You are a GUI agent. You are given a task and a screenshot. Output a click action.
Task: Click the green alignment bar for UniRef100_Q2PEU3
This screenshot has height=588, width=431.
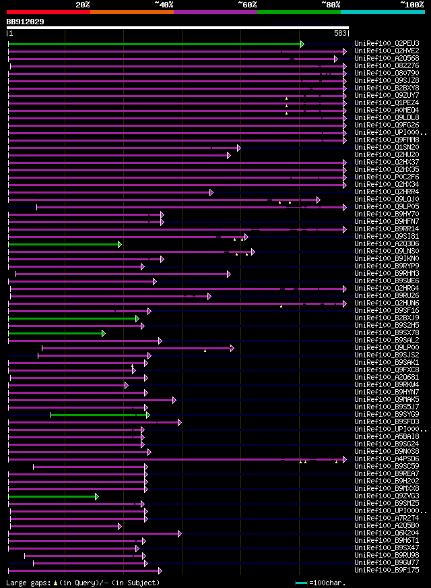coord(155,44)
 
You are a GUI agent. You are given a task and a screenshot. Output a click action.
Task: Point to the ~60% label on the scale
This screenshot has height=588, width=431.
coord(247,5)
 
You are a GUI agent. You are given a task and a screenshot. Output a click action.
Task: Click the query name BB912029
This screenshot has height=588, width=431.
coord(26,22)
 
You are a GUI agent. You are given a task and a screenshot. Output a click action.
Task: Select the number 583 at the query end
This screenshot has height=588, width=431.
coord(340,33)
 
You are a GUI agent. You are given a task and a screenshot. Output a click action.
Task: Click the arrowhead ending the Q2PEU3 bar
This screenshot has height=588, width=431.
coord(302,44)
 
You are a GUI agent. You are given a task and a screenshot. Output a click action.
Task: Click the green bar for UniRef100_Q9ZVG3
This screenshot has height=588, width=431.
coord(53,496)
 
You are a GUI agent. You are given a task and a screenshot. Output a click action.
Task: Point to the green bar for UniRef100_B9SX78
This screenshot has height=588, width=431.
coord(56,333)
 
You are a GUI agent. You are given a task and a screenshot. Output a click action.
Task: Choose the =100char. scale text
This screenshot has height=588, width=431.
coord(330,582)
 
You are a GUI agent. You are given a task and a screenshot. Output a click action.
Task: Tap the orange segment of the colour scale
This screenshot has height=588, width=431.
coord(131,11)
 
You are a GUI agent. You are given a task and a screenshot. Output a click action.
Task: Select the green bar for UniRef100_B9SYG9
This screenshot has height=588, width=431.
coord(99,415)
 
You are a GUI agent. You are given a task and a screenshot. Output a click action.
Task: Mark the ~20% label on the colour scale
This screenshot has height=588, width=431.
coord(83,5)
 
